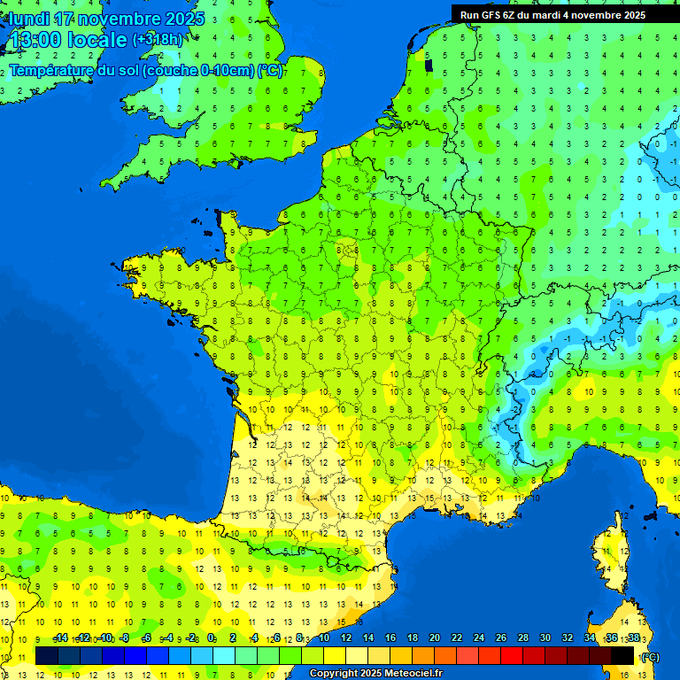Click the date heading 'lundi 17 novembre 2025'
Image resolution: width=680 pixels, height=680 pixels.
(x=106, y=19)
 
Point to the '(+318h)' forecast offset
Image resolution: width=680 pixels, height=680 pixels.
(x=158, y=40)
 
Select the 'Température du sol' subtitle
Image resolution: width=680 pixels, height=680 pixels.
(x=146, y=71)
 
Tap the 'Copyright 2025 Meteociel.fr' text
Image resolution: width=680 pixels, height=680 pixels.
(x=375, y=673)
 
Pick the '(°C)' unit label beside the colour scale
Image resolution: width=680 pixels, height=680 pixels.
(x=649, y=656)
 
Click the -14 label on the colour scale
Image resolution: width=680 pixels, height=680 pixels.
(x=61, y=638)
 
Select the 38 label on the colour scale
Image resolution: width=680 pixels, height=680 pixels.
(x=634, y=638)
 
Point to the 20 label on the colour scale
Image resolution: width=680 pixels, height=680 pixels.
(x=435, y=638)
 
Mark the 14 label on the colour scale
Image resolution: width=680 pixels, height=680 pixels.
(x=368, y=638)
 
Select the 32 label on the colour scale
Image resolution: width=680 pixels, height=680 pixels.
(x=568, y=638)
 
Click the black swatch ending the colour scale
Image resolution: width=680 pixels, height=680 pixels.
(x=622, y=655)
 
